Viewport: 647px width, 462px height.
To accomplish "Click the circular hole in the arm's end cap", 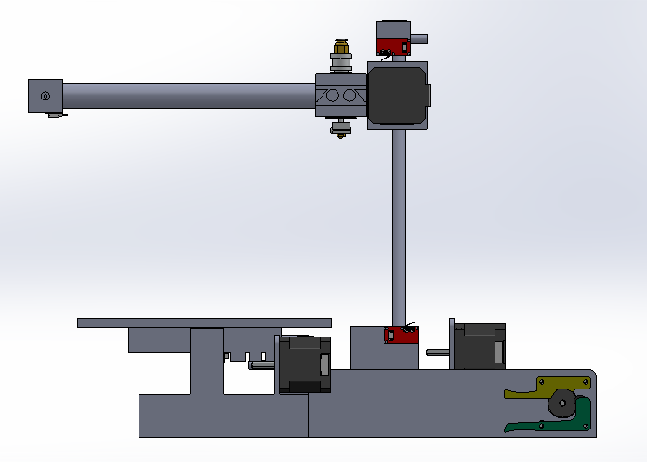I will click(x=44, y=95).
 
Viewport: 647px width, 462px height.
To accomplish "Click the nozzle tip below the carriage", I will click(x=341, y=132).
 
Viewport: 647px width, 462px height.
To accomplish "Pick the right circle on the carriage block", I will click(x=350, y=96).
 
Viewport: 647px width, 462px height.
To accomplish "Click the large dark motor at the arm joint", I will click(x=398, y=95).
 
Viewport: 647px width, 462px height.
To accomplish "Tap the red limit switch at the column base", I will click(x=402, y=334).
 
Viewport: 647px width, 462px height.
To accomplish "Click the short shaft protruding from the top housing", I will click(x=419, y=39).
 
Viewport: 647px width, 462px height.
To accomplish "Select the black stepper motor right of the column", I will click(x=479, y=346).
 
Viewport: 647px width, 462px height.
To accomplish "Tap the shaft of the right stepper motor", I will click(x=439, y=352).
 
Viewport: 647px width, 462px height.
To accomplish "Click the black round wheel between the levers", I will click(x=561, y=403).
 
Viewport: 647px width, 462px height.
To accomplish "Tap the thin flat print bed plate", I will click(x=204, y=323).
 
